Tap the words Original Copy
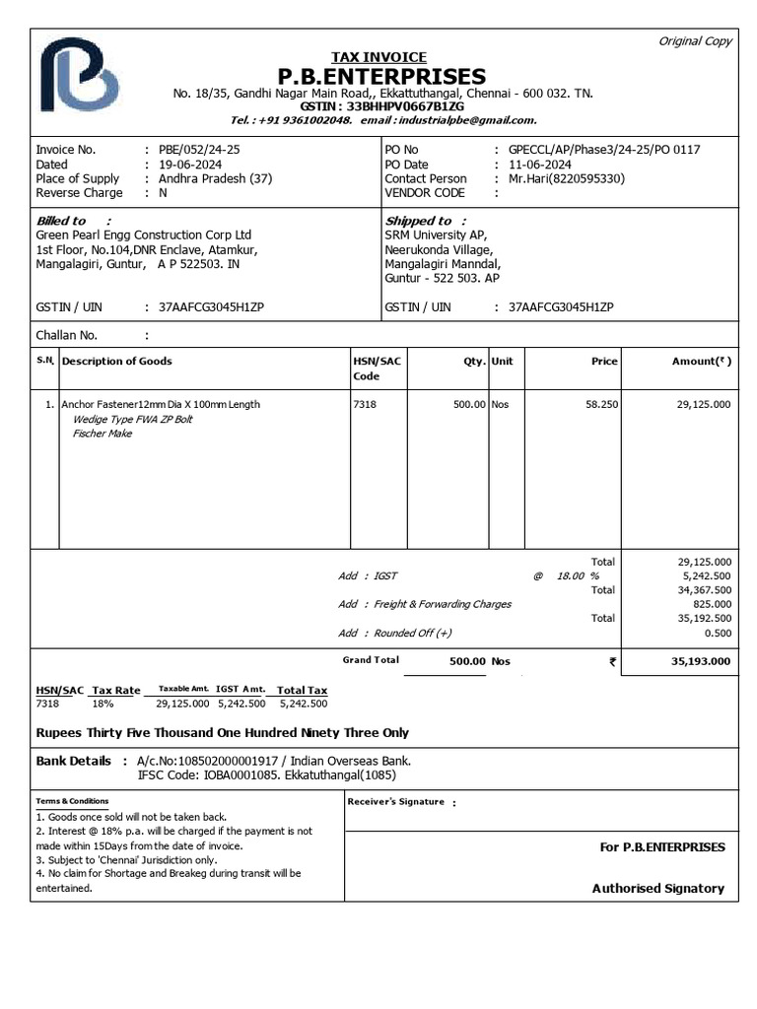point(695,41)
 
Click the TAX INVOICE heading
point(378,58)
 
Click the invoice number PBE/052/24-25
point(198,150)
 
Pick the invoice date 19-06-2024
point(191,165)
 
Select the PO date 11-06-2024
point(540,165)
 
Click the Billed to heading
point(62,221)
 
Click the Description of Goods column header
point(116,362)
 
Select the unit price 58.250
point(601,405)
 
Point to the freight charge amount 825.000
point(712,604)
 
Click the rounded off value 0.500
point(717,633)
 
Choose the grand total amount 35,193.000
point(701,662)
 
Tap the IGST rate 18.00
point(569,576)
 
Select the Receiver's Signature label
point(396,802)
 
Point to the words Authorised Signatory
point(657,889)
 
